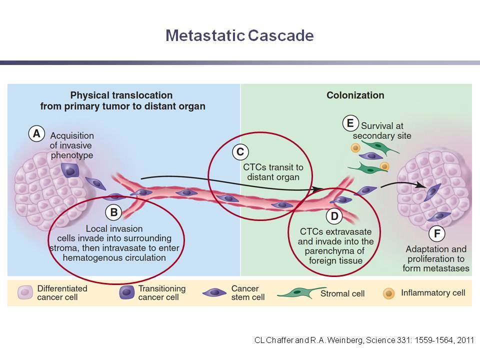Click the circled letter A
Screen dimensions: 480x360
36,134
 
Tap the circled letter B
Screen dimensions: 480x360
113,212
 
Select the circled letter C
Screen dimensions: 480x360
240,152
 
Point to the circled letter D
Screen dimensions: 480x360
334,216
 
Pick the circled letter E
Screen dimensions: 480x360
350,123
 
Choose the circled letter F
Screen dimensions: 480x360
437,233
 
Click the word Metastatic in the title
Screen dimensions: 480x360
205,35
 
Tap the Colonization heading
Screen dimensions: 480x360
355,95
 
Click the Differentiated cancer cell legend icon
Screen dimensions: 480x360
25,292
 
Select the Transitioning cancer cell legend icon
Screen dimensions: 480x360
126,292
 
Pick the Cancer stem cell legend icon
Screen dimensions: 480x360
214,292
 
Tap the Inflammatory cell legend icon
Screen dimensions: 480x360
389,293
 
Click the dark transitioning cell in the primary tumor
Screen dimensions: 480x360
70,170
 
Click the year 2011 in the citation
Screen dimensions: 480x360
465,340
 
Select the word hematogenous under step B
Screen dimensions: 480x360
87,258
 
